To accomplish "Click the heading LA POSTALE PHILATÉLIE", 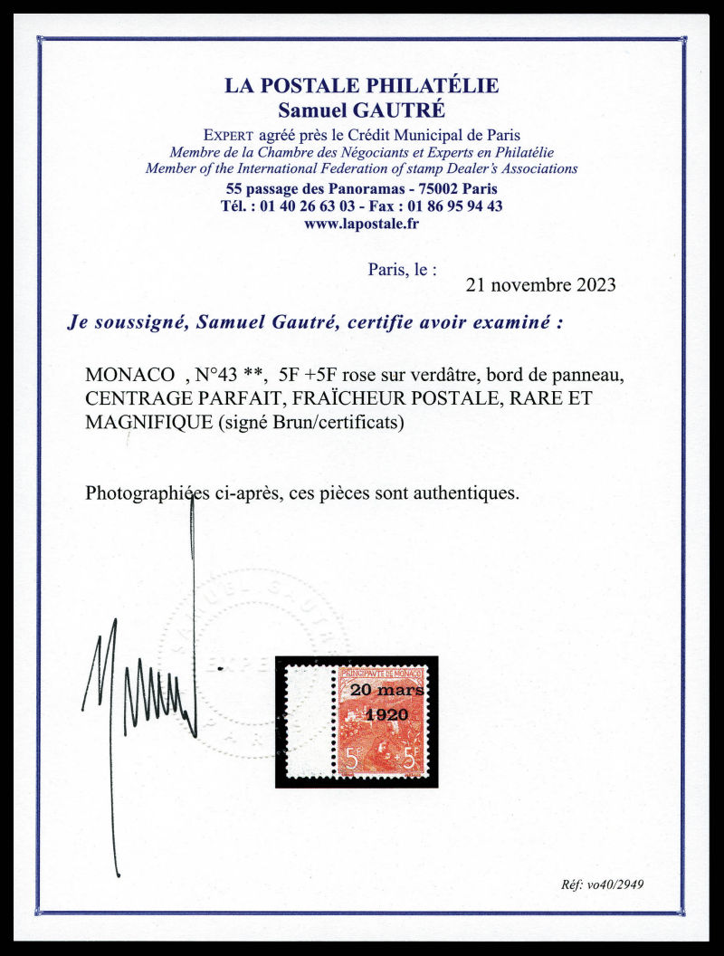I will (361, 87).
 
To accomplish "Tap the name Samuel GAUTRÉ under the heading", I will (361, 109).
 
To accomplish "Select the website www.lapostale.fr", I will (361, 222).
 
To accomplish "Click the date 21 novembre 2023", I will (540, 284).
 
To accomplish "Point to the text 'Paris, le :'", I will (403, 269).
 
